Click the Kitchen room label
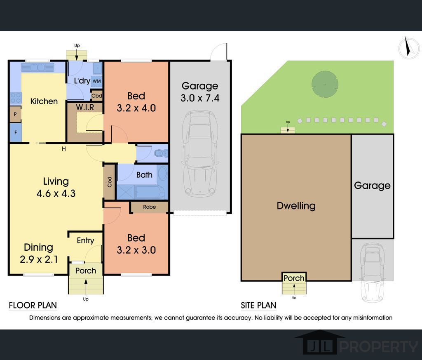tap(44, 101)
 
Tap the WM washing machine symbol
tap(96, 81)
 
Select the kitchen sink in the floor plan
tap(38, 67)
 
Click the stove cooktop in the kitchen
tap(16, 98)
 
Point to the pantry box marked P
tap(16, 114)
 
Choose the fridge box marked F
tap(16, 132)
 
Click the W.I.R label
tap(85, 107)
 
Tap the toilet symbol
tap(161, 153)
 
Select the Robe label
tap(149, 207)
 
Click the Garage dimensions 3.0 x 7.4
tap(200, 98)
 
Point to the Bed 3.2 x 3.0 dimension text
tap(136, 250)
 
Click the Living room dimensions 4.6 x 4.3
tap(56, 193)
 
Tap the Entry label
tap(85, 240)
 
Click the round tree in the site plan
tap(325, 84)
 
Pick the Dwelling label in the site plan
tap(296, 206)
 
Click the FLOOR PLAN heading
tap(33, 305)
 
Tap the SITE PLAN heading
tap(258, 305)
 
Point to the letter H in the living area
tap(64, 149)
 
